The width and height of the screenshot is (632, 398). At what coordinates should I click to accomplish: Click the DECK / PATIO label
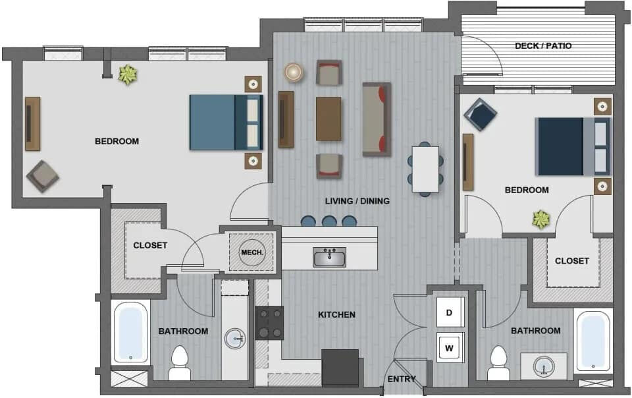point(543,45)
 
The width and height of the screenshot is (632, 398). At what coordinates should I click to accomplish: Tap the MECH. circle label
point(252,252)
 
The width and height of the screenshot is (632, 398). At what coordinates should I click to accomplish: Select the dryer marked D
point(450,312)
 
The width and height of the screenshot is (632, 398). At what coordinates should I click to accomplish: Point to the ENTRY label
point(401,380)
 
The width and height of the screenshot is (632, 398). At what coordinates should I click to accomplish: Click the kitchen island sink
point(329,256)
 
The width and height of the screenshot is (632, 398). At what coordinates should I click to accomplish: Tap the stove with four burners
point(269,323)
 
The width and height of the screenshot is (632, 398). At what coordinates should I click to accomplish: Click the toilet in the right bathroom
point(498,363)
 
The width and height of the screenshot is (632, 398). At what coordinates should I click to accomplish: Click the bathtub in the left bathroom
point(130,333)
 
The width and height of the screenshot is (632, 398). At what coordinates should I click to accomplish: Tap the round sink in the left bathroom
point(235,339)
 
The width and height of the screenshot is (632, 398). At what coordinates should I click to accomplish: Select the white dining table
point(425,169)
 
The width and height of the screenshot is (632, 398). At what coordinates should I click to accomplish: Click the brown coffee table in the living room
point(329,119)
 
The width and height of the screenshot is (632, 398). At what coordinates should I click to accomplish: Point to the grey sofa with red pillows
point(377,119)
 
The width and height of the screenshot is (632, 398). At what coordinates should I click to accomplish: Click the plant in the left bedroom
point(127,74)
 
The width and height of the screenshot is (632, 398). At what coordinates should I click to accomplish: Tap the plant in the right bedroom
point(541,219)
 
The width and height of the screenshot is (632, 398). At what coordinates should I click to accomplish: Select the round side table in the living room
point(294,72)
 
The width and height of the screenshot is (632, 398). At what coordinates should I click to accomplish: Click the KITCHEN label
point(336,315)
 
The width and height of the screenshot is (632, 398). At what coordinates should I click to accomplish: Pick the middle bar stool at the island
point(329,221)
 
